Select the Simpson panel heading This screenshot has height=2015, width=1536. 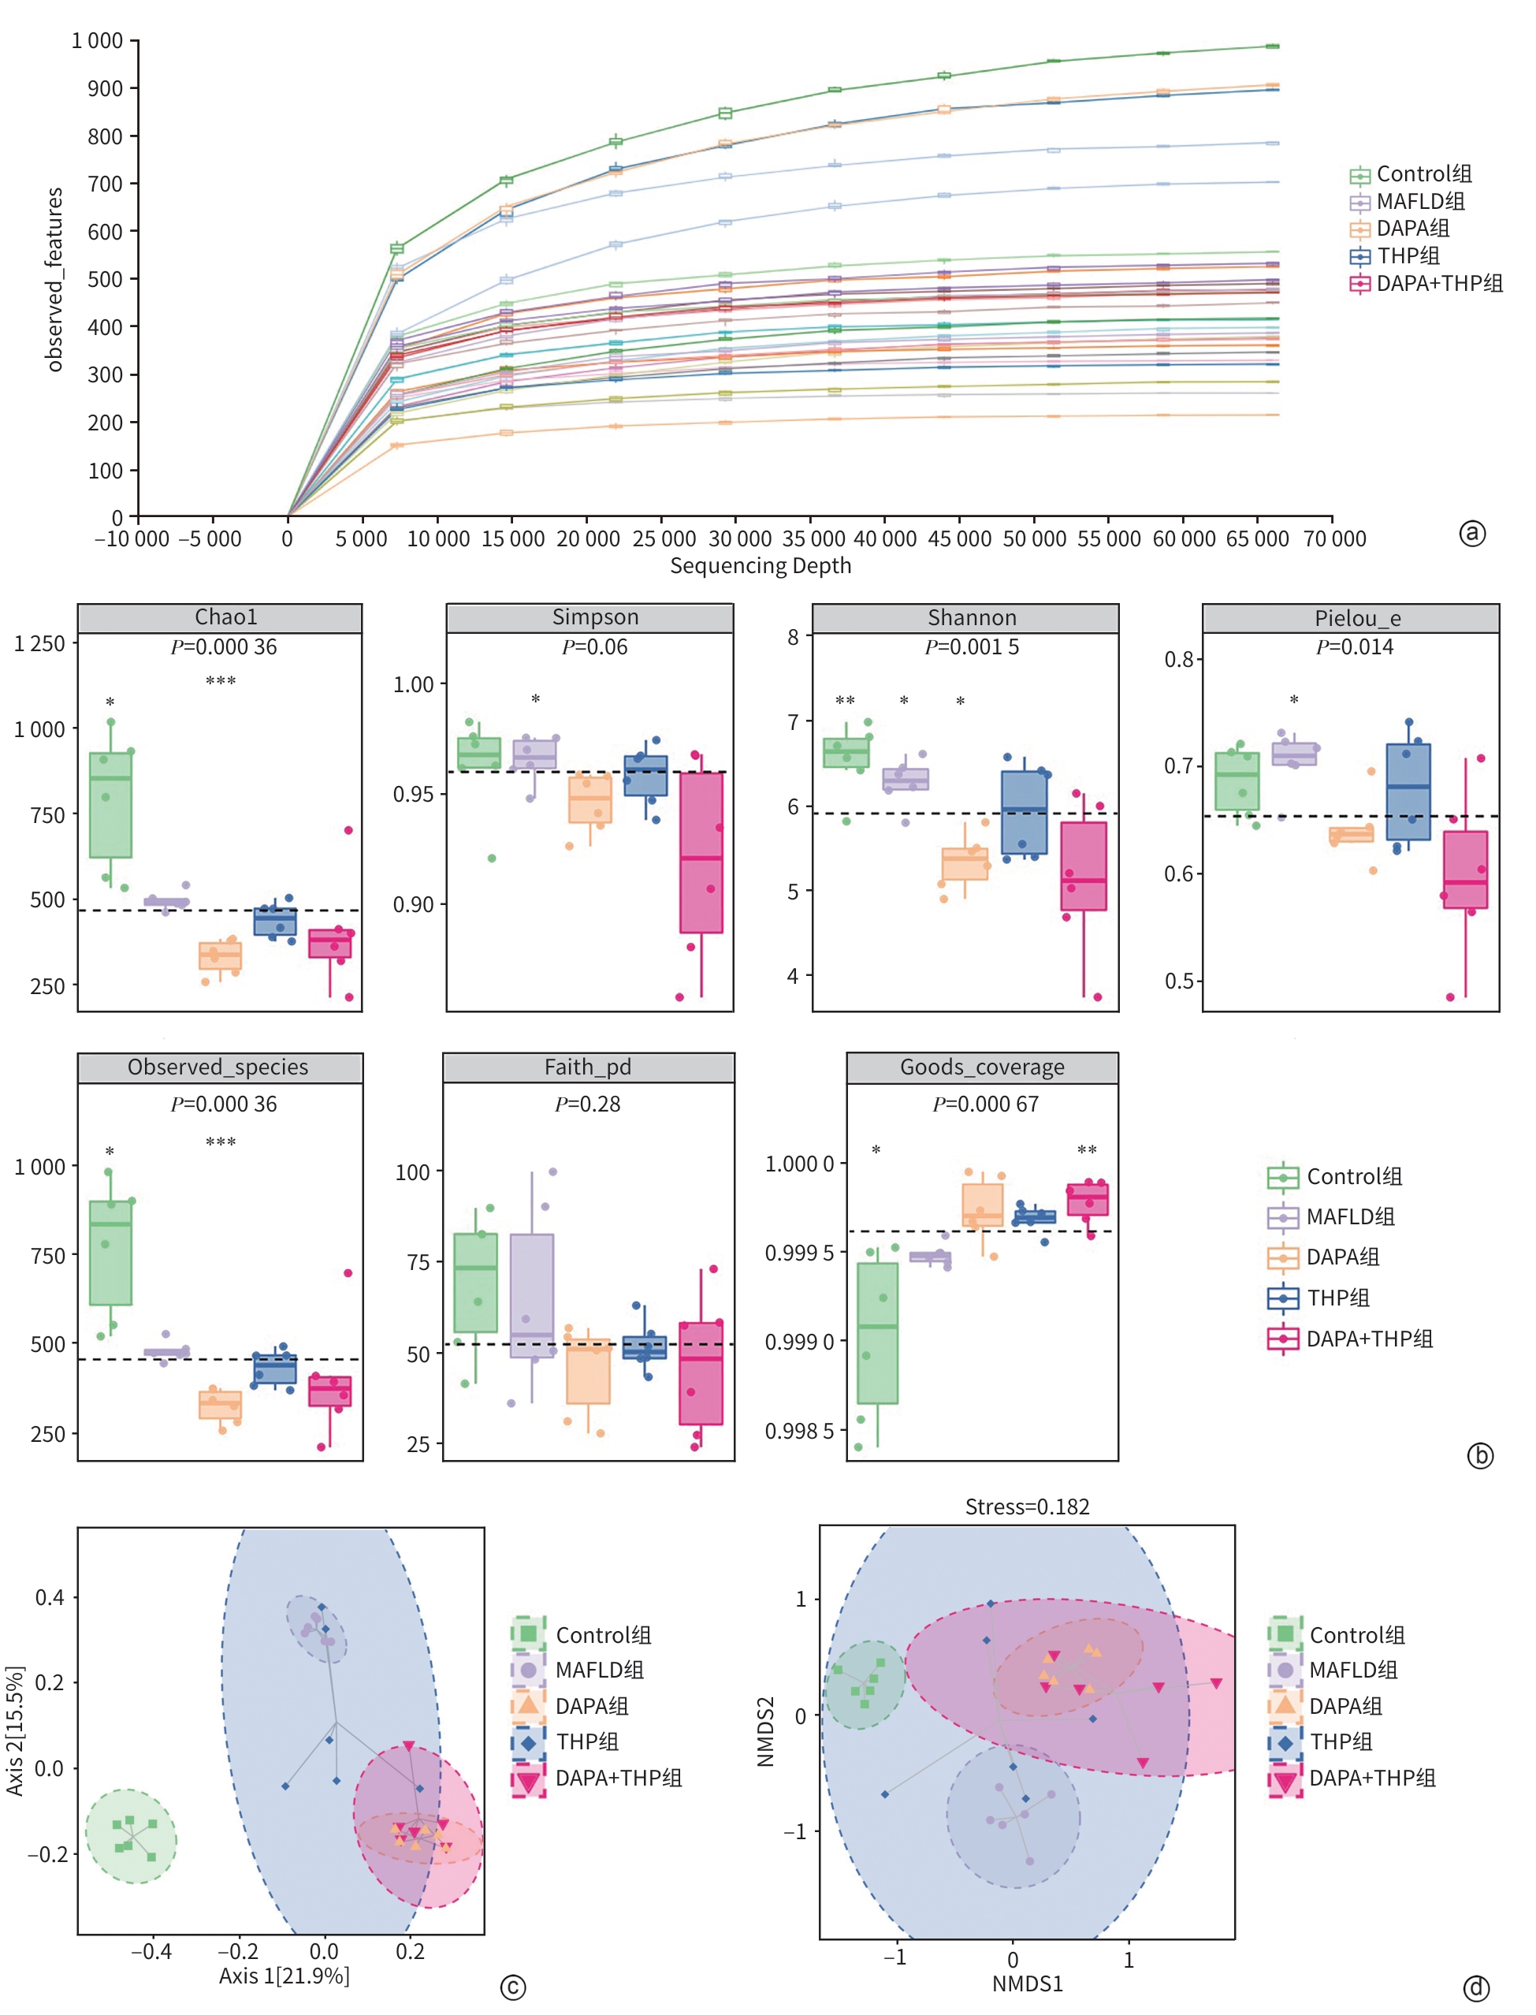coord(594,617)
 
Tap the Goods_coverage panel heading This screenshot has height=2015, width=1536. coord(982,1067)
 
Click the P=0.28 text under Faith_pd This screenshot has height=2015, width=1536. coord(587,1105)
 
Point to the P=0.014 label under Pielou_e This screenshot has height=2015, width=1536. coord(1354,647)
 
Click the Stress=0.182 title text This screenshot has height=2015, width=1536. coord(1027,1507)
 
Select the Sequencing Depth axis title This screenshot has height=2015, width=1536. coord(760,566)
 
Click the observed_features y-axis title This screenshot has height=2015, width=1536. coord(55,279)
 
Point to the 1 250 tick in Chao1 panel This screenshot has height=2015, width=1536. coord(39,644)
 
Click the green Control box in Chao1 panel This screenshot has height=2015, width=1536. coord(110,805)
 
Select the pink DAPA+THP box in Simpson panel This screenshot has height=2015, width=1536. coord(701,852)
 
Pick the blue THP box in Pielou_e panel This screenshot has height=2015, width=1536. coord(1408,791)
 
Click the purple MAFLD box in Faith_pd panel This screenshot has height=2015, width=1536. coord(531,1295)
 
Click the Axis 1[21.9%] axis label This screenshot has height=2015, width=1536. coord(284,1976)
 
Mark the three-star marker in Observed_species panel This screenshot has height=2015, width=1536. coord(221,1142)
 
